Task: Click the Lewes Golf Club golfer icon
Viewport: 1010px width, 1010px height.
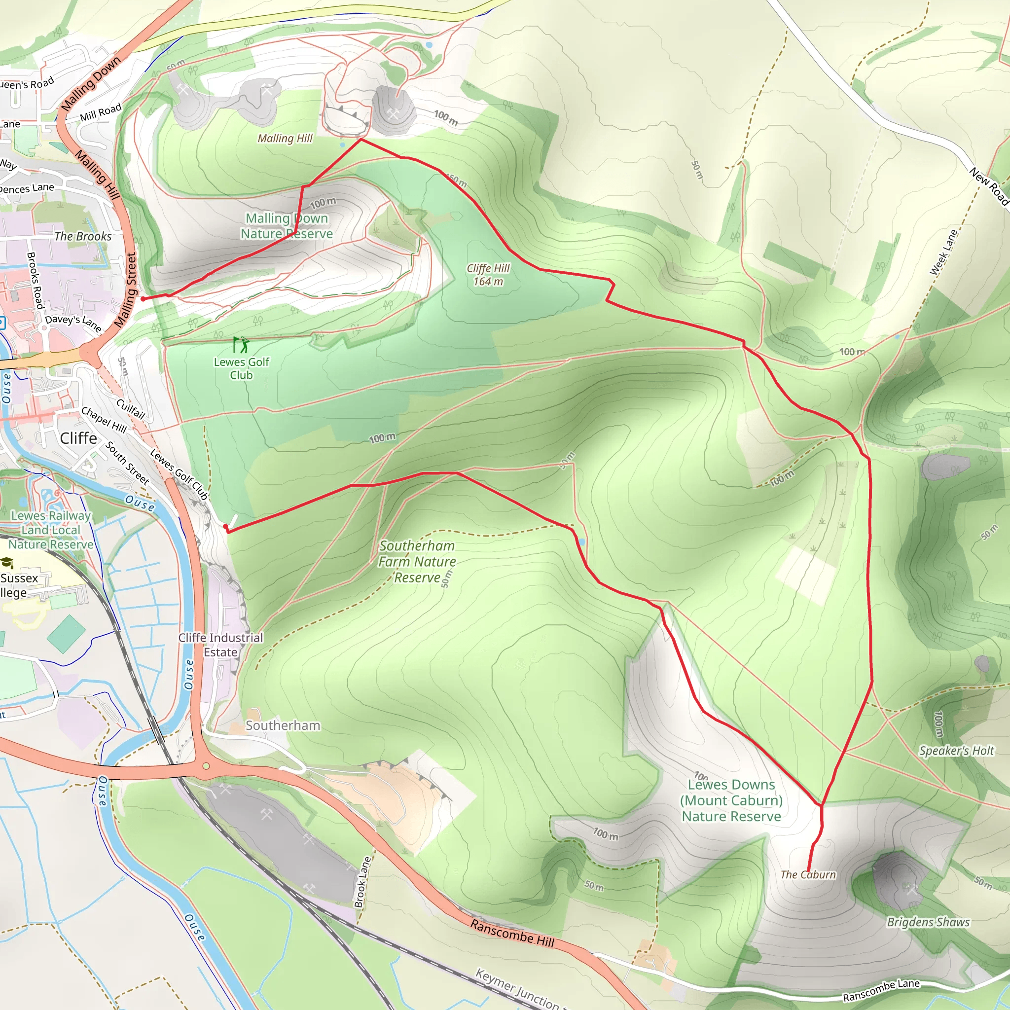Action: pos(241,345)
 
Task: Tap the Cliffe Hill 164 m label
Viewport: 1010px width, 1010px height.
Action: pos(488,275)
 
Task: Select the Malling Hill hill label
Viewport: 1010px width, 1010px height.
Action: pos(285,139)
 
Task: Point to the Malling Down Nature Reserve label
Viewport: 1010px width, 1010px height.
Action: pos(287,226)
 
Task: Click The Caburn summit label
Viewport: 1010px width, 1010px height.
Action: pos(808,874)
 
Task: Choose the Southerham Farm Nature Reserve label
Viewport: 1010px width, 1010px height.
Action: pos(417,561)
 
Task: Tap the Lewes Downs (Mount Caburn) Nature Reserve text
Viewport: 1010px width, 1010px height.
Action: pos(731,800)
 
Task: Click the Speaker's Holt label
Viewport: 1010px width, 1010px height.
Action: pos(957,751)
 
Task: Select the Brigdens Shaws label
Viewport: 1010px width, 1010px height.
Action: pos(928,922)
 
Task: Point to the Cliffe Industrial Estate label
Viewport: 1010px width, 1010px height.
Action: pos(220,645)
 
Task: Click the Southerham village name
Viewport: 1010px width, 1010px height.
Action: pos(283,725)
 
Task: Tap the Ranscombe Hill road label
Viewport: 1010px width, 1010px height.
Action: pos(512,933)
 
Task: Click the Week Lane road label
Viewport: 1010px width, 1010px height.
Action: pos(943,252)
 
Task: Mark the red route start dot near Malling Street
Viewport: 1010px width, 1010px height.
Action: pos(143,299)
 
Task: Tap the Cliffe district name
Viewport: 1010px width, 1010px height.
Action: pos(78,438)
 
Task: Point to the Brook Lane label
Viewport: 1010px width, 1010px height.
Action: pos(362,882)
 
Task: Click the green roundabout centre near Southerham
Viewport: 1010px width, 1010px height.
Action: pos(206,766)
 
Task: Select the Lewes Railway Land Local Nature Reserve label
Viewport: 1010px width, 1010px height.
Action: pos(51,530)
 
